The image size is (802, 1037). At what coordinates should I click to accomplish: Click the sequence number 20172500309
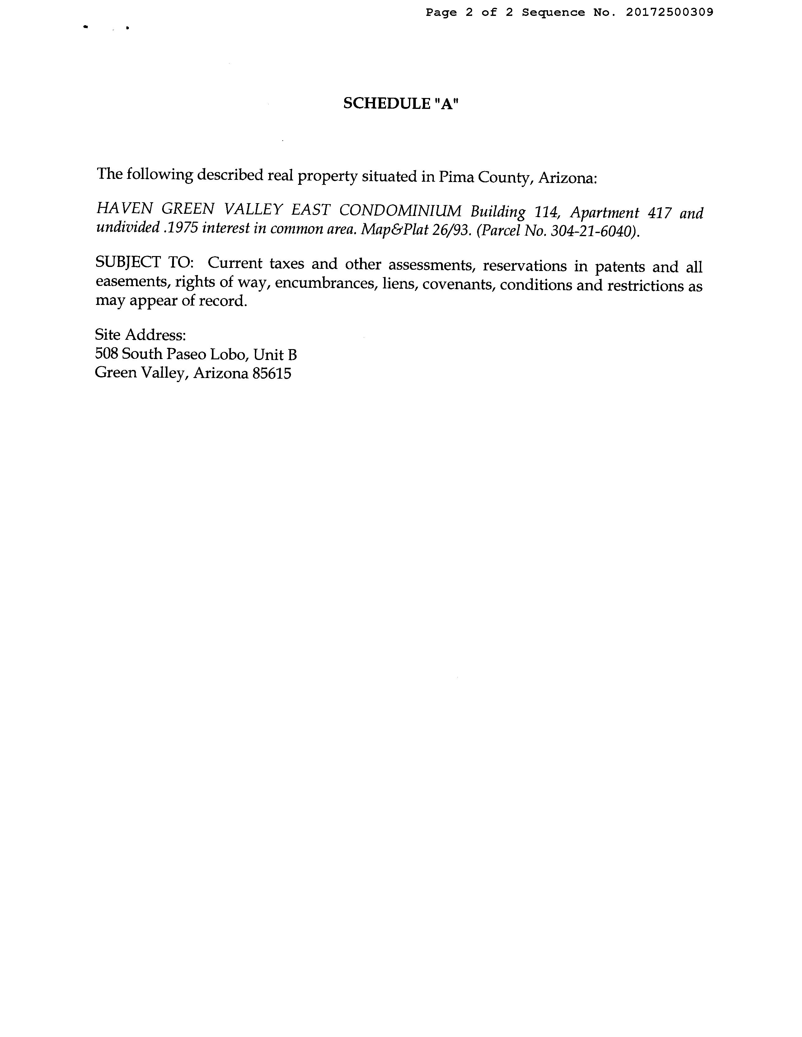[669, 12]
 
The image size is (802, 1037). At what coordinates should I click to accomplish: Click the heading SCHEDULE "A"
[401, 104]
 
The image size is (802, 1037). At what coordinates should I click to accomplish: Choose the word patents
[620, 266]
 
